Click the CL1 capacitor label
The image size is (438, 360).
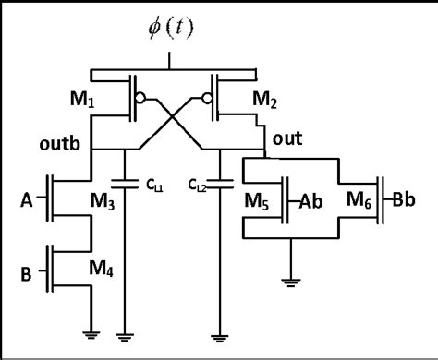152,185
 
